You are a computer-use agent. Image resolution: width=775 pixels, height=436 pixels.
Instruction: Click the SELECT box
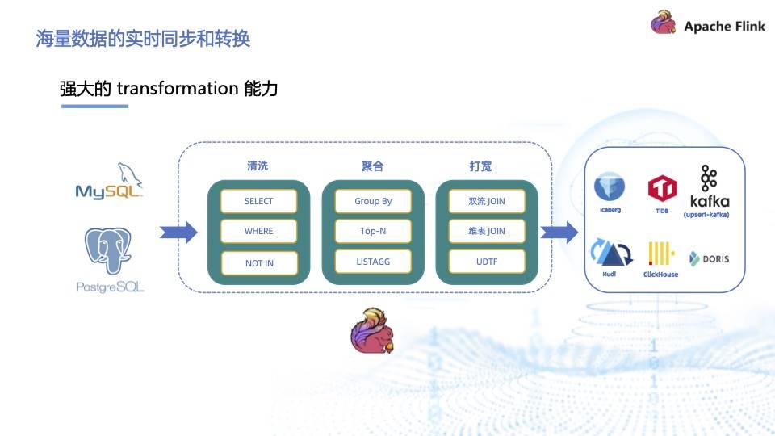259,201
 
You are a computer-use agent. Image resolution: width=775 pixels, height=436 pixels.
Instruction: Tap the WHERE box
259,231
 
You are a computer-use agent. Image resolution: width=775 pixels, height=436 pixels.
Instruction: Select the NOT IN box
259,263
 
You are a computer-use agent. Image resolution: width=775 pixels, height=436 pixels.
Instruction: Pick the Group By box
373,201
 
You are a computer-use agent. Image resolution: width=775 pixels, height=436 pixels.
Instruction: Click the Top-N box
373,231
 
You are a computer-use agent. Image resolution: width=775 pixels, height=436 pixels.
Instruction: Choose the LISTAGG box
373,262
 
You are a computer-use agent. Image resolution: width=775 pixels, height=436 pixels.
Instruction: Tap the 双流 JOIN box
487,201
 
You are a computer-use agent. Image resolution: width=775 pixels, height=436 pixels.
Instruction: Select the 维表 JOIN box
487,231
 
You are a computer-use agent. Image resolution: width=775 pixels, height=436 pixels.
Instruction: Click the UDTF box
487,262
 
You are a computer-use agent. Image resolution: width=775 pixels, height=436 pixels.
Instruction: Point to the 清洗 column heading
258,166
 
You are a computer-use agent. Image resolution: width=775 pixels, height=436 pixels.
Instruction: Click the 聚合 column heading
372,166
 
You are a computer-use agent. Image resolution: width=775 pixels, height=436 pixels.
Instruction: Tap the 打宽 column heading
480,166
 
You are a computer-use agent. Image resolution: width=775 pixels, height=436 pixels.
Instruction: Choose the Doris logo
710,258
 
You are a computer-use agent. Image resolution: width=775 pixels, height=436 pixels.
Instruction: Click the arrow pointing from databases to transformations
178,233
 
